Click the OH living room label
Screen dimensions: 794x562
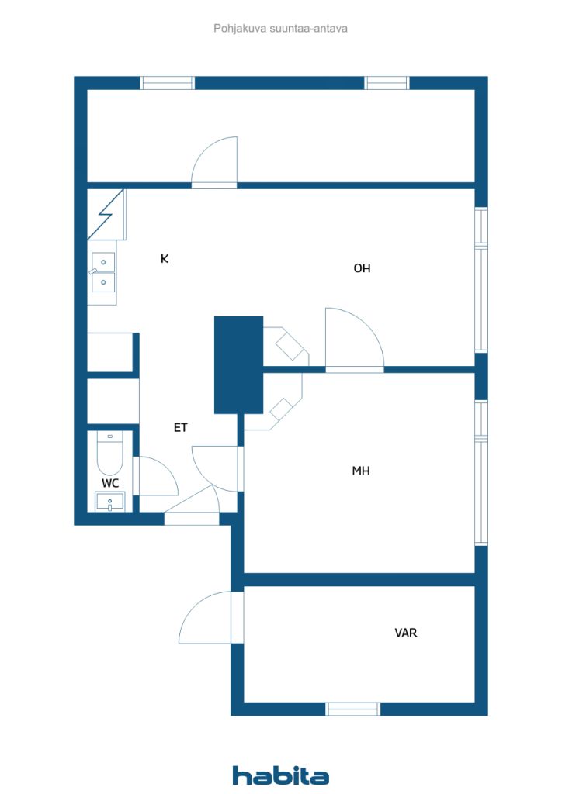tap(362, 268)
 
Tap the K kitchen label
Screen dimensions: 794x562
tap(165, 259)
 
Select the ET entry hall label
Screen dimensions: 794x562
tap(180, 427)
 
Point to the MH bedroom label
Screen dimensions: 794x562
tap(360, 470)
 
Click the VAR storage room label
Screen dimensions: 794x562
tap(406, 633)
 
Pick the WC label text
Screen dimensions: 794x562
tap(111, 483)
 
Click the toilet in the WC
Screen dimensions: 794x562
tap(110, 454)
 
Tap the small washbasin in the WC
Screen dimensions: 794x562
tap(110, 502)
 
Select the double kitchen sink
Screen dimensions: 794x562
tap(103, 272)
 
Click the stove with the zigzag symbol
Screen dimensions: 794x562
tap(106, 214)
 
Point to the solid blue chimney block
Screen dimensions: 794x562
tap(238, 364)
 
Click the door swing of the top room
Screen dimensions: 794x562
tap(214, 163)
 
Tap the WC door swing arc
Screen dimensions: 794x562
tap(157, 477)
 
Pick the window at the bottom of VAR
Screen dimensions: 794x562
tap(352, 709)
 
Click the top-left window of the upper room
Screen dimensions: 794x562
tap(167, 83)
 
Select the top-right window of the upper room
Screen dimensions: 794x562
tap(387, 83)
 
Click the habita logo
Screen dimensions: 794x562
tap(281, 775)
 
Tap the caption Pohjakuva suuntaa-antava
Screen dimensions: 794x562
tap(281, 29)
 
